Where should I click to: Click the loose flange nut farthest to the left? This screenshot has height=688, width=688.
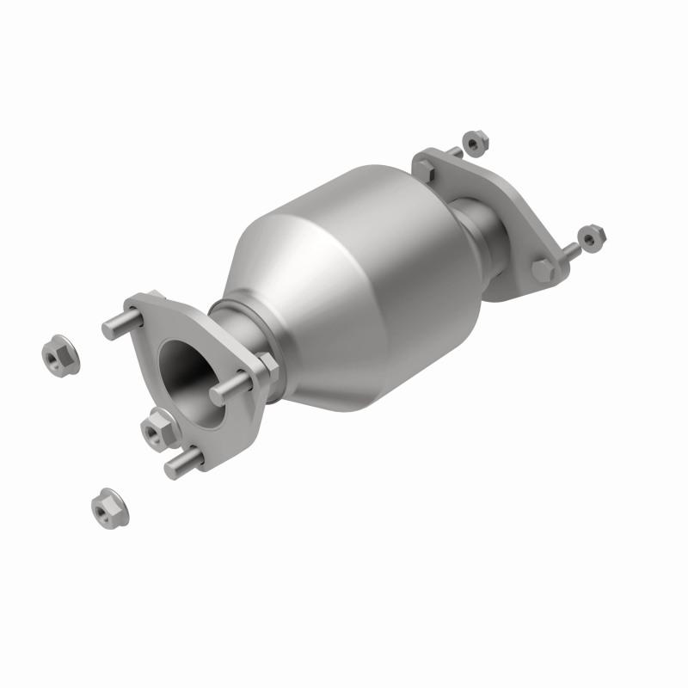(60, 354)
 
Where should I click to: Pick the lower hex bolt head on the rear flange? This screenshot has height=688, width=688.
(542, 269)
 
